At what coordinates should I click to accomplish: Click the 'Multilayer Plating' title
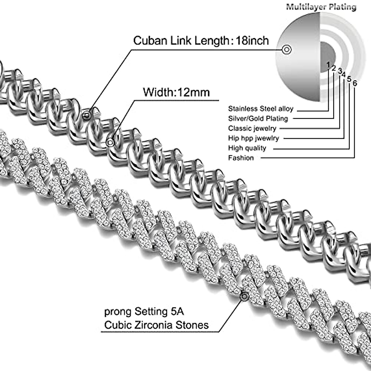pos(321,7)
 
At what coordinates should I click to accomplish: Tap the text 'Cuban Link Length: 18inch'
pos(201,41)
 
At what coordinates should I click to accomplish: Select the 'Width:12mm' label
pos(176,92)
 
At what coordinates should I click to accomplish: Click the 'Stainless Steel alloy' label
pos(261,109)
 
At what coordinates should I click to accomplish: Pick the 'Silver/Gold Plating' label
pos(258,118)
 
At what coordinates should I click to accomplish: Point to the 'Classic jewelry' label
pos(252,128)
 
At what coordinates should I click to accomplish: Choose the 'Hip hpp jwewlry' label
pos(254,138)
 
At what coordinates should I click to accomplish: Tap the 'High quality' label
pos(247,148)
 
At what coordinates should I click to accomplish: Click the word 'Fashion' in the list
pos(241,158)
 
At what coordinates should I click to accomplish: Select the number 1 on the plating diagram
pos(328,65)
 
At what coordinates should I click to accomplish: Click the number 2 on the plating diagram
pos(334,68)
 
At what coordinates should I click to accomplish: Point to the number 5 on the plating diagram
pos(349,79)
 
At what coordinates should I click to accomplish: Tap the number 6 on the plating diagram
pos(355,83)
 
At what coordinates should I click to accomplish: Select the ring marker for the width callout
pos(110,143)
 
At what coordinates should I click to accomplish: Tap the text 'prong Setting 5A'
pos(144,311)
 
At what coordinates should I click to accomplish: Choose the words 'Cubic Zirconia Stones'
pos(156,325)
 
